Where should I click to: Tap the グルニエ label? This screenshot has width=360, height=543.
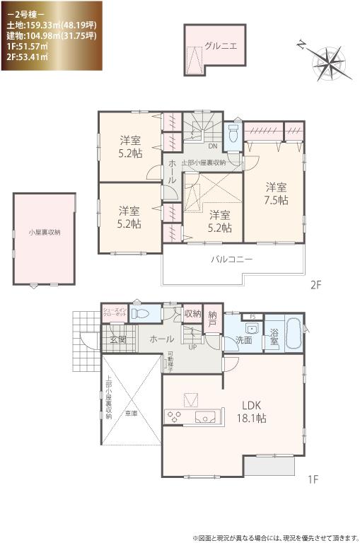(221, 46)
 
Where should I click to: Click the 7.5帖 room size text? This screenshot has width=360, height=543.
(276, 200)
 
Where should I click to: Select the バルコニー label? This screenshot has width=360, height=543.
(231, 259)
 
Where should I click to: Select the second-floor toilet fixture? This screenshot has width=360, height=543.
(234, 134)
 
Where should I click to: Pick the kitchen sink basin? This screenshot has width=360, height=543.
(205, 416)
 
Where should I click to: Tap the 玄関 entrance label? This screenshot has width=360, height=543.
(117, 339)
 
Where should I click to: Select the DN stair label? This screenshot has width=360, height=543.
(211, 146)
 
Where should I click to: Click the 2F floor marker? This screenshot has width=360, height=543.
(315, 286)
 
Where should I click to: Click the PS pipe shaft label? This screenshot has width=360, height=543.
(252, 315)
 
